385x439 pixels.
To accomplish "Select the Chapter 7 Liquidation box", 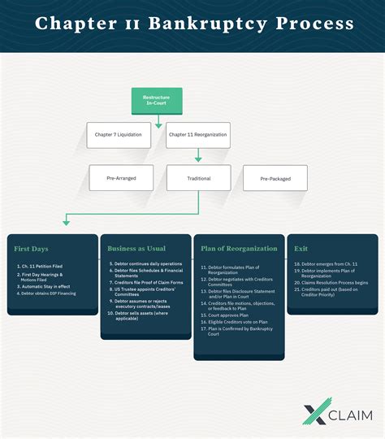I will click(119, 134).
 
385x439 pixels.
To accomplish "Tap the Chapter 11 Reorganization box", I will click(197, 134).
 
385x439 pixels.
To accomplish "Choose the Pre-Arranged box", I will click(120, 178).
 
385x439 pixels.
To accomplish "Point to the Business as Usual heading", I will click(138, 248).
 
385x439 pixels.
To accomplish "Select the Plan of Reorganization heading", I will click(239, 248).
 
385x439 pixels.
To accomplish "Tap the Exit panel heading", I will click(301, 248).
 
